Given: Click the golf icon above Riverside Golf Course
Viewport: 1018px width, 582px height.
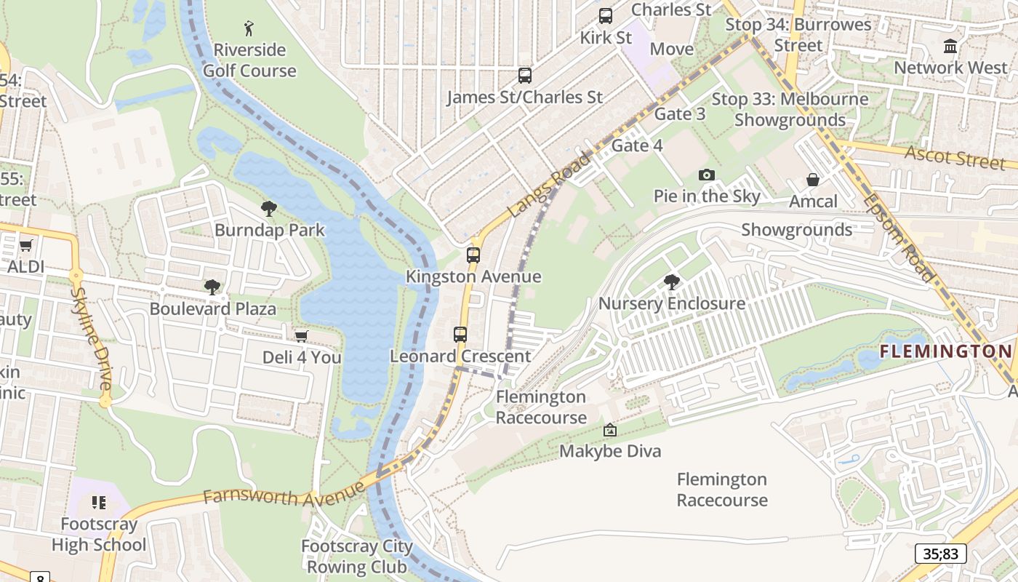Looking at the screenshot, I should (x=249, y=28).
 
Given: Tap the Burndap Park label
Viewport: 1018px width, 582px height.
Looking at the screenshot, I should (x=269, y=230).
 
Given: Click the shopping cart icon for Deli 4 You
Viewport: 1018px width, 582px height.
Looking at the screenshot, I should (x=301, y=335).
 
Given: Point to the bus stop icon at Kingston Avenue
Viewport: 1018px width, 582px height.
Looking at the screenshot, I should (x=473, y=255).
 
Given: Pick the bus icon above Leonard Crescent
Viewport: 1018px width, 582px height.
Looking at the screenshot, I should (x=460, y=334).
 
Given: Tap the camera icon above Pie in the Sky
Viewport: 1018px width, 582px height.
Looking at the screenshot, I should (x=706, y=175).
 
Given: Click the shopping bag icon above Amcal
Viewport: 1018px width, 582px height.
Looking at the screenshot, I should (x=813, y=180).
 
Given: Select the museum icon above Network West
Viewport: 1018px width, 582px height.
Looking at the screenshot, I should (x=950, y=47).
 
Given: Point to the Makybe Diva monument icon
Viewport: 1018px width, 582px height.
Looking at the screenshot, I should (x=610, y=430).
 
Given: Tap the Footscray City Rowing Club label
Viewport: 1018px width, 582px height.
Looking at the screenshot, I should (x=357, y=556).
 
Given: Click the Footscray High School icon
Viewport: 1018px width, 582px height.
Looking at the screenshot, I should (x=99, y=502).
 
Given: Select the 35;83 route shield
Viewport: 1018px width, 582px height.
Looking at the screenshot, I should (x=941, y=554).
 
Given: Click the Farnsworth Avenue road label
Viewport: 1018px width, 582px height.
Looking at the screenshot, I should (x=284, y=495).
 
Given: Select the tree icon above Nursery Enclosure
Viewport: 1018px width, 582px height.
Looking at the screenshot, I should (x=671, y=282).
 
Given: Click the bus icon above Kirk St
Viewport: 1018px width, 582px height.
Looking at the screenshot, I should (x=606, y=16).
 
